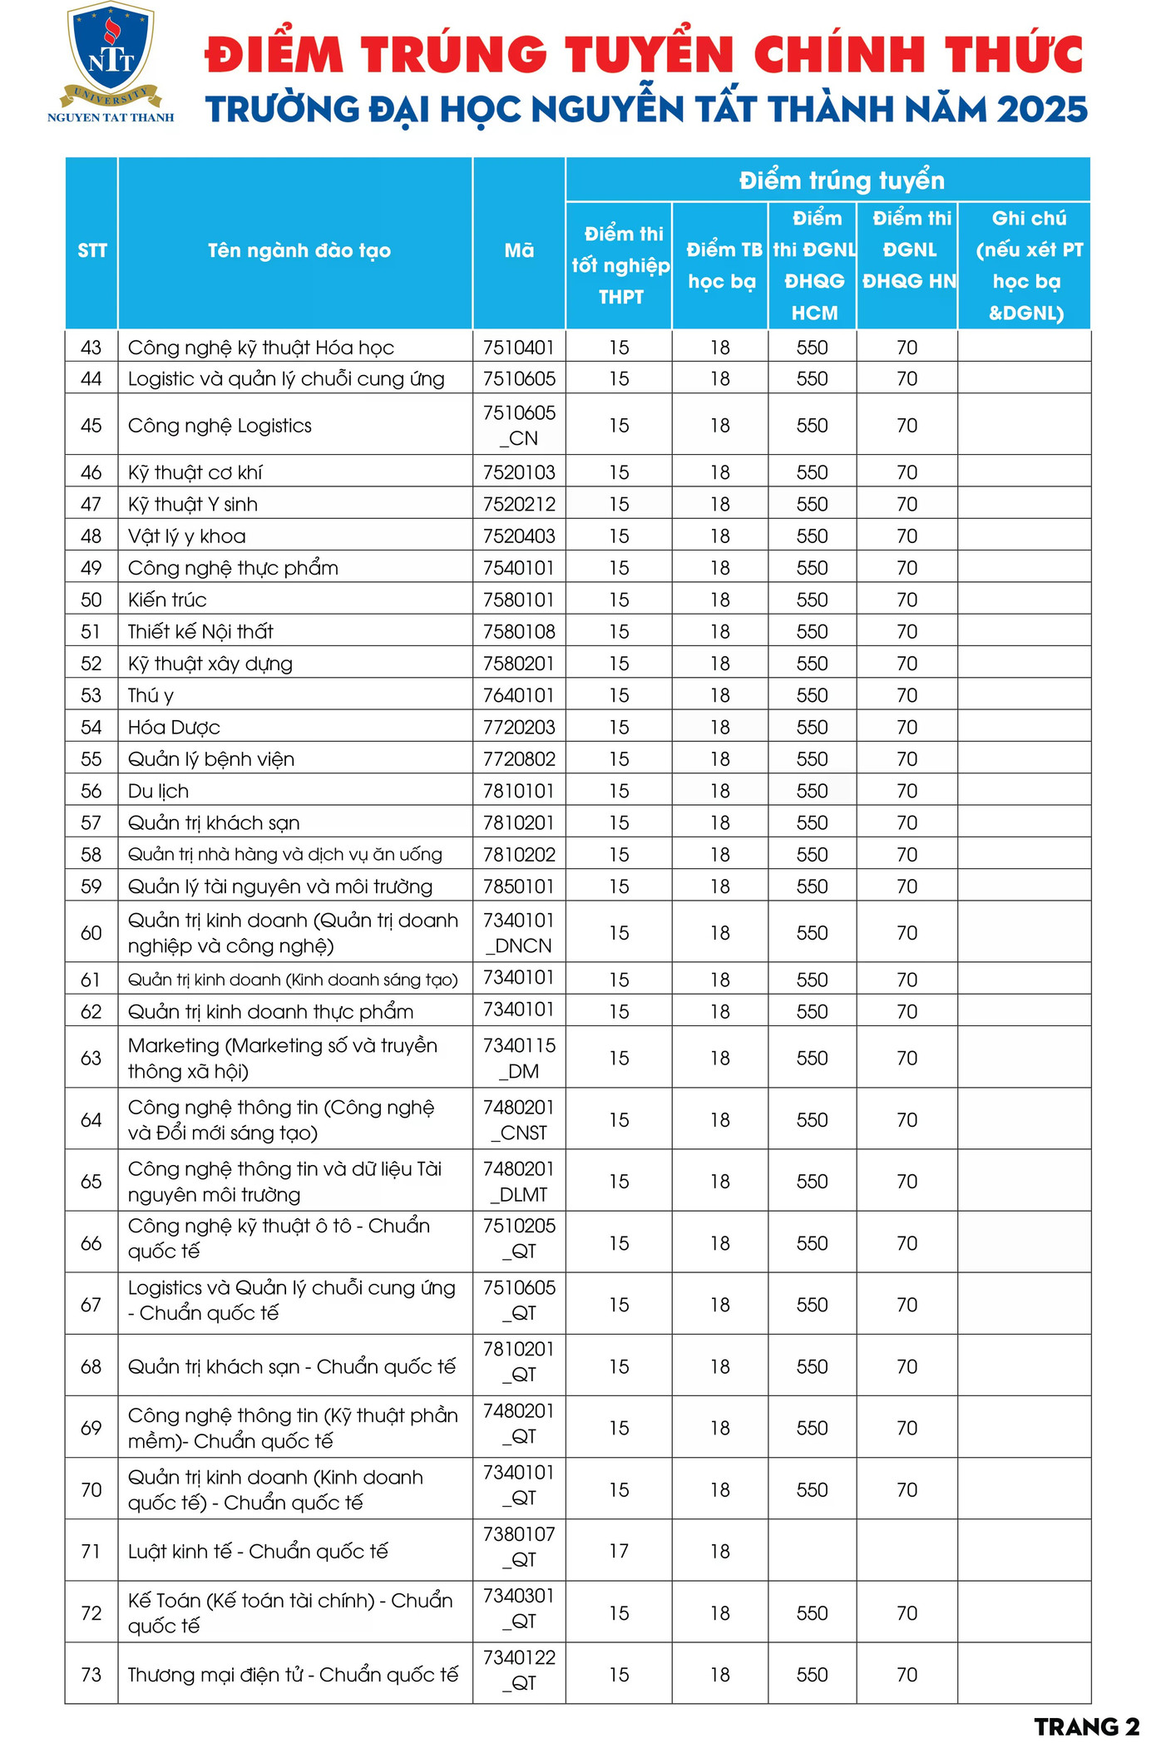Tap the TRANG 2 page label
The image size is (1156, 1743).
[x=1086, y=1726]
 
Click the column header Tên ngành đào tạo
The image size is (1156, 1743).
[x=299, y=250]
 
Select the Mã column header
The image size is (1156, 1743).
[x=519, y=250]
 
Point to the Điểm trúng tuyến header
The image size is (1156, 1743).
[x=842, y=180]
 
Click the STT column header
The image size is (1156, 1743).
[x=92, y=250]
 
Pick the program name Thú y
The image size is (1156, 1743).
[x=151, y=695]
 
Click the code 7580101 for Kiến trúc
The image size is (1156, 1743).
[x=519, y=600]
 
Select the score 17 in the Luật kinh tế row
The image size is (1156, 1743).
[x=619, y=1551]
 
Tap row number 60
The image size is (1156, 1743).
[x=91, y=933]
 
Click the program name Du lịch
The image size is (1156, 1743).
[x=158, y=791]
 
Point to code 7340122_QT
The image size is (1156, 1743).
[x=519, y=1670]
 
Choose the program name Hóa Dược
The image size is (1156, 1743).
[x=174, y=728]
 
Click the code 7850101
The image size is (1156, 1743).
[x=519, y=886]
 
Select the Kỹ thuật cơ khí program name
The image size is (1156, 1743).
[x=195, y=472]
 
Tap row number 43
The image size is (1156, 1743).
[x=91, y=348]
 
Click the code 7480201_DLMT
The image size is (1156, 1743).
[x=519, y=1182]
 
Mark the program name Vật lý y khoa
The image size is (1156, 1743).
[x=186, y=536]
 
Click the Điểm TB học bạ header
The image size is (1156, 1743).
[x=723, y=265]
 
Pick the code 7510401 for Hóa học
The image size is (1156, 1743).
[x=519, y=348]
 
